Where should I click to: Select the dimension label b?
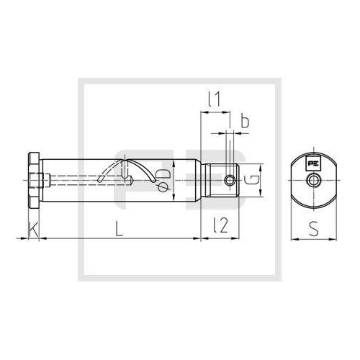[x=244, y=122]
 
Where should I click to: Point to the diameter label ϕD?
[x=163, y=181]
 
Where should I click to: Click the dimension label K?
[x=32, y=230]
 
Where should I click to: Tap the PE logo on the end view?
[x=314, y=163]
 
